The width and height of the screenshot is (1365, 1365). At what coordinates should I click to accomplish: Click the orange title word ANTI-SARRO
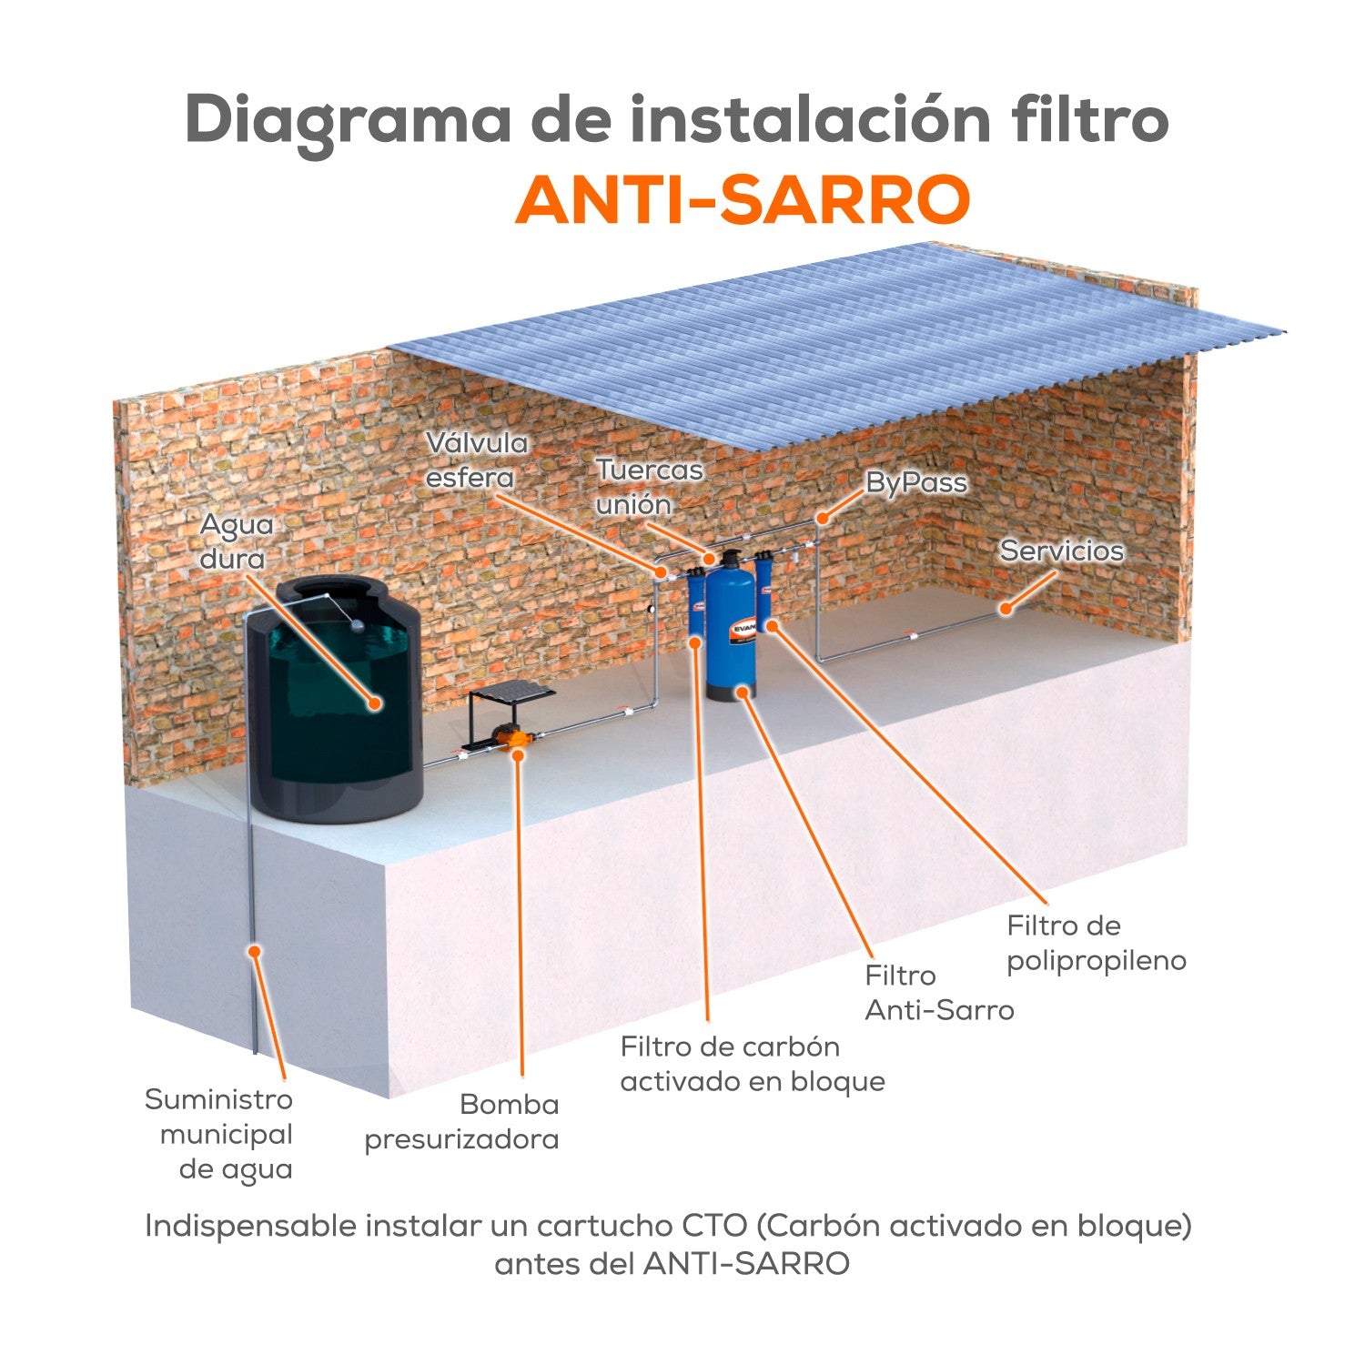743,200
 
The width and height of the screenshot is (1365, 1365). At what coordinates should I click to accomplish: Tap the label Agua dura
236,541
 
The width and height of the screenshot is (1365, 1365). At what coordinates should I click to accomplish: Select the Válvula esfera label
477,460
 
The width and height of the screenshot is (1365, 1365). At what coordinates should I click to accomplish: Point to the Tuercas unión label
649,487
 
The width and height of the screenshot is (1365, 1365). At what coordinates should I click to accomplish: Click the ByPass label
915,481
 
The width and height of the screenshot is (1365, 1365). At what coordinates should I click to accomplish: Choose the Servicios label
1061,551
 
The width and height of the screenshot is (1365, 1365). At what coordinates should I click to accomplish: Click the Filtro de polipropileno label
1096,944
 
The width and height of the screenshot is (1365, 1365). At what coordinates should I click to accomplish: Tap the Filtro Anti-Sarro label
938,993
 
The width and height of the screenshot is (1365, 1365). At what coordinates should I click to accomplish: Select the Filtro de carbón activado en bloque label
752,1064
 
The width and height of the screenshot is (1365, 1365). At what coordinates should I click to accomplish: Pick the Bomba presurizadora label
462,1121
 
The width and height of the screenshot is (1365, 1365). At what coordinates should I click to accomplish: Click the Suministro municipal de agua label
219,1134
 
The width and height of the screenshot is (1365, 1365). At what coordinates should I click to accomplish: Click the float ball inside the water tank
357,626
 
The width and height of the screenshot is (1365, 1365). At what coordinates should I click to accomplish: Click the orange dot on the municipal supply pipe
256,950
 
